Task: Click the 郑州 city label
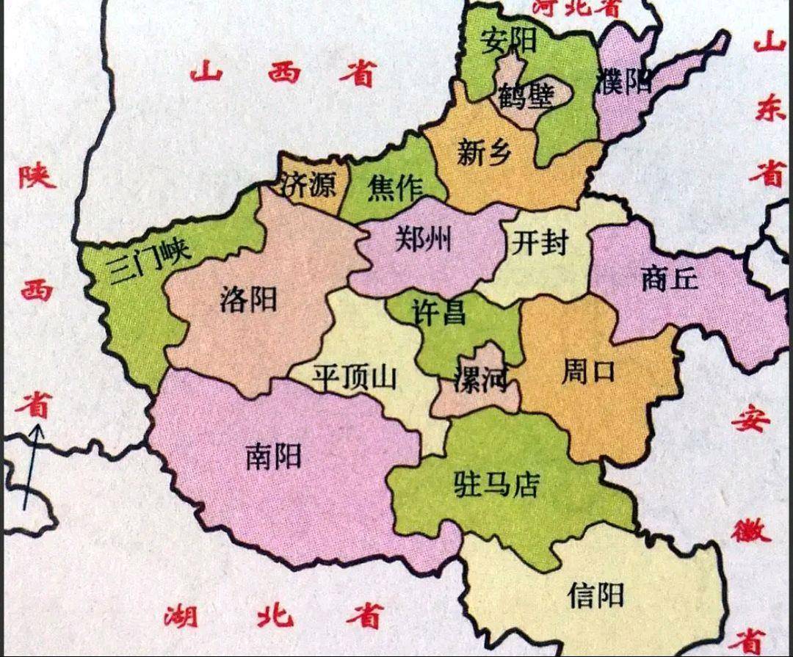(x=424, y=239)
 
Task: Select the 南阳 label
(x=273, y=457)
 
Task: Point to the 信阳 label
(x=595, y=595)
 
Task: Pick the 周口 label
(x=587, y=372)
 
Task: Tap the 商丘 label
(x=669, y=279)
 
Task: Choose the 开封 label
(x=540, y=242)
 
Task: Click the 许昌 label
(x=438, y=312)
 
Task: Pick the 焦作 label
(x=396, y=189)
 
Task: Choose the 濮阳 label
(x=624, y=80)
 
